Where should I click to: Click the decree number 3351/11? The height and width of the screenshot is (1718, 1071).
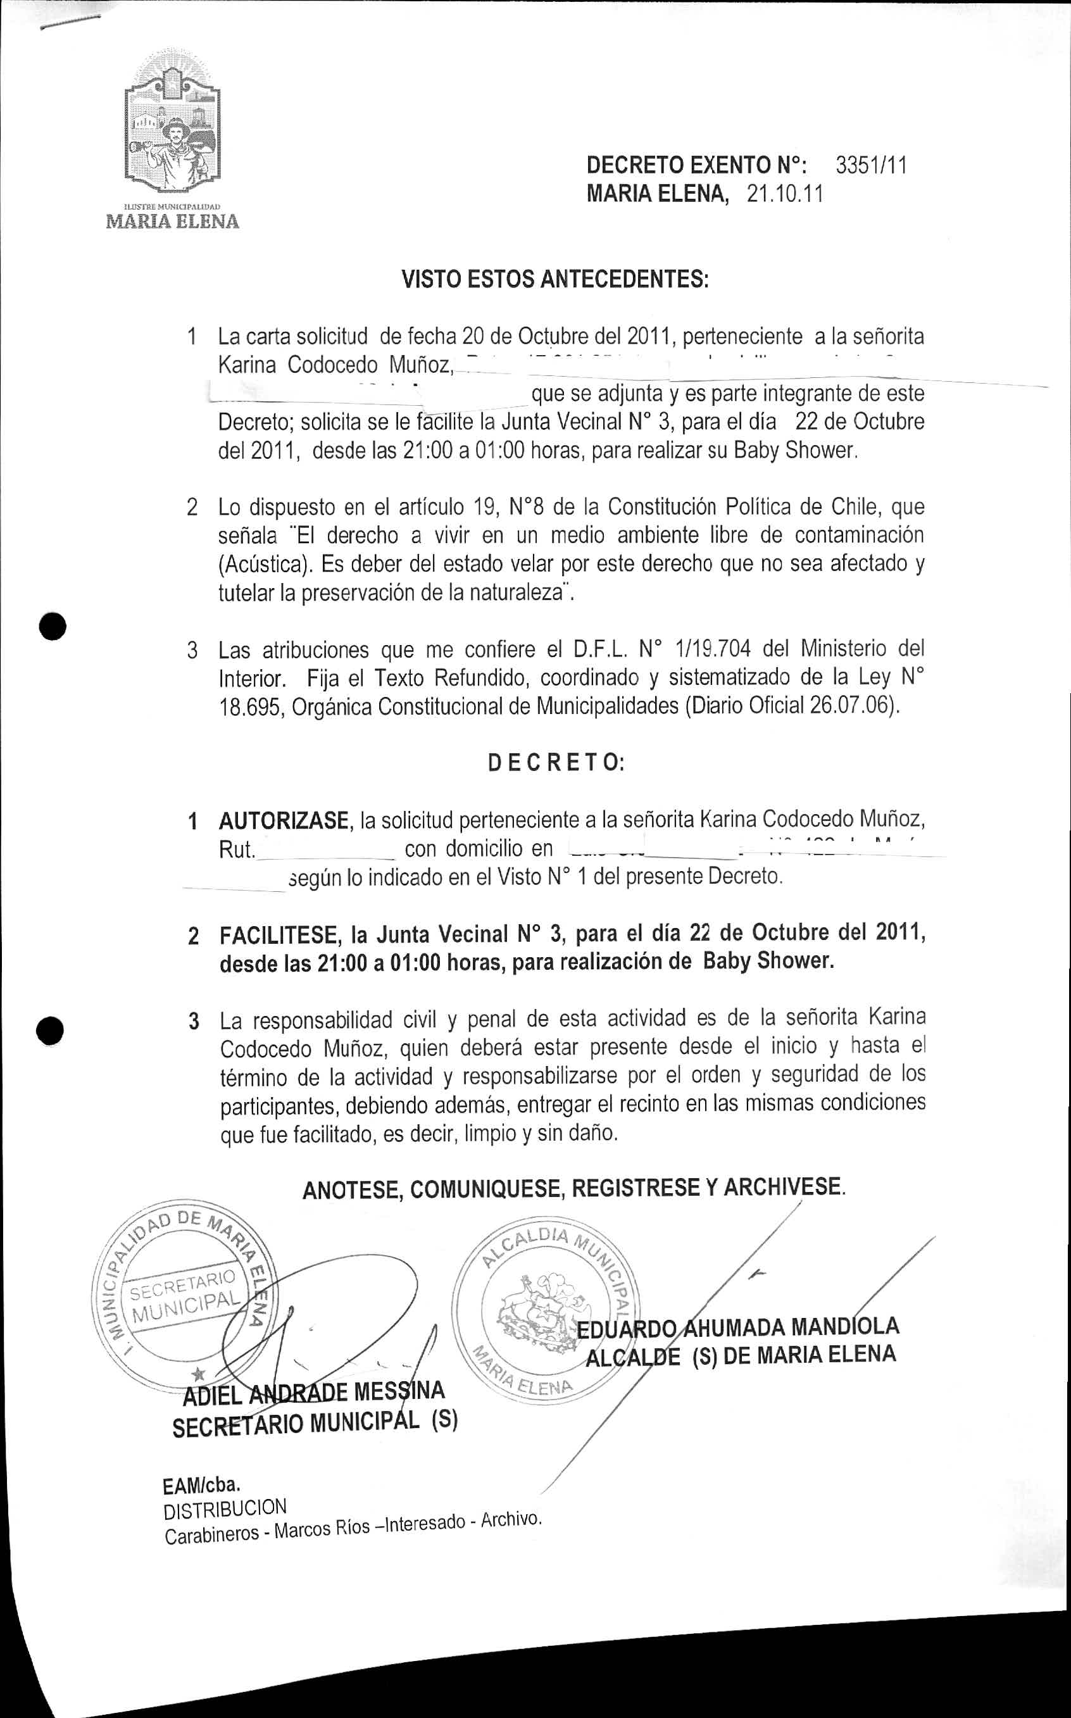point(870,166)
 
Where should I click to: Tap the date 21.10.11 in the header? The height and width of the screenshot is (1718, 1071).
point(785,194)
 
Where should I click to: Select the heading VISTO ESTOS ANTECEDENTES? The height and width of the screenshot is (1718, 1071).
point(555,279)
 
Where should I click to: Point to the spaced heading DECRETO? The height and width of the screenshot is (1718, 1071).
point(556,763)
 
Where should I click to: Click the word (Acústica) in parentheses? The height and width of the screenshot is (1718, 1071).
point(265,565)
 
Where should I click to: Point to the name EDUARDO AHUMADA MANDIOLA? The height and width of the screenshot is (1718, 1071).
point(738,1326)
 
